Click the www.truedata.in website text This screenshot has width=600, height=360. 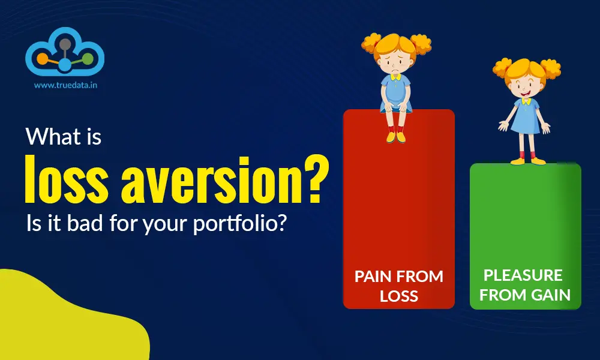(65, 85)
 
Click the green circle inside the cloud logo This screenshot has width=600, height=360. (88, 59)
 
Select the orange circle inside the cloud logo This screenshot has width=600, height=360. (41, 59)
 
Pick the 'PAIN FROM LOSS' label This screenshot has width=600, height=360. (399, 286)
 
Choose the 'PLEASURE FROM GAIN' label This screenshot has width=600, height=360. (524, 285)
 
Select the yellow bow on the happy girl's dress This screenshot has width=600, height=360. (526, 101)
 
